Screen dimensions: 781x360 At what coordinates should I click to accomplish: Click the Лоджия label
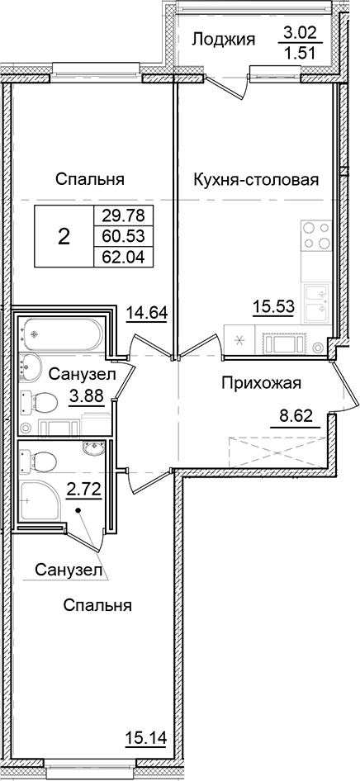pos(224,39)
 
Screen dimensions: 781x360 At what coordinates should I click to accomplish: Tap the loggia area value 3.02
pos(299,35)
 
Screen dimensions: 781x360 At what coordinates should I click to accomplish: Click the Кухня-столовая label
pos(256,179)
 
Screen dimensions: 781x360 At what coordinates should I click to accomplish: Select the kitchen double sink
pos(315,301)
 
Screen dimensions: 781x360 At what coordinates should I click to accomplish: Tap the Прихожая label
pos(260,382)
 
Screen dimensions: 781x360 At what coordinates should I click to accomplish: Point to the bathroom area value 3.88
pos(88,395)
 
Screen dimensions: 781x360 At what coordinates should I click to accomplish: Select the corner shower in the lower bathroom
pos(40,503)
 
